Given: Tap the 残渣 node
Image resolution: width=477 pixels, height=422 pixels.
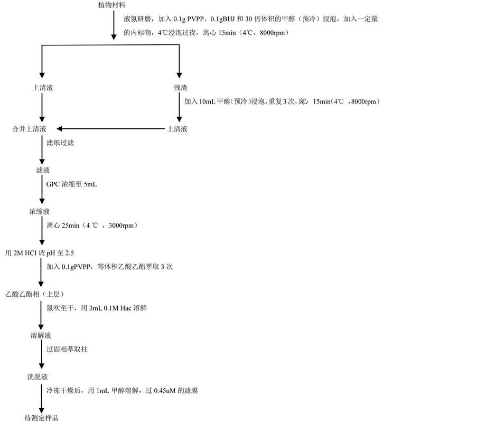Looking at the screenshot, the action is (x=180, y=88).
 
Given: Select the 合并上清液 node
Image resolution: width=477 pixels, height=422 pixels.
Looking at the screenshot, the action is (x=30, y=129).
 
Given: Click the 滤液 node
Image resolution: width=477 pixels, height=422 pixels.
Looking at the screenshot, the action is (x=40, y=170).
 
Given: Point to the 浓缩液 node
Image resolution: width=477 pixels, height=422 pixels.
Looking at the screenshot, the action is (x=40, y=212).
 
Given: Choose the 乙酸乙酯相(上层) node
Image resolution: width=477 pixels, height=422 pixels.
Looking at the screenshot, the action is (x=34, y=294).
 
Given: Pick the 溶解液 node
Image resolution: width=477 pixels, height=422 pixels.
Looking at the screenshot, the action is (x=41, y=336).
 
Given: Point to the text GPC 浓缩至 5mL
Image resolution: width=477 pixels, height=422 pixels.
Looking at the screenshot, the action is (x=72, y=184).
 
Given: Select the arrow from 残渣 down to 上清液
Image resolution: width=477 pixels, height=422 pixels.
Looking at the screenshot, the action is (x=180, y=108).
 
